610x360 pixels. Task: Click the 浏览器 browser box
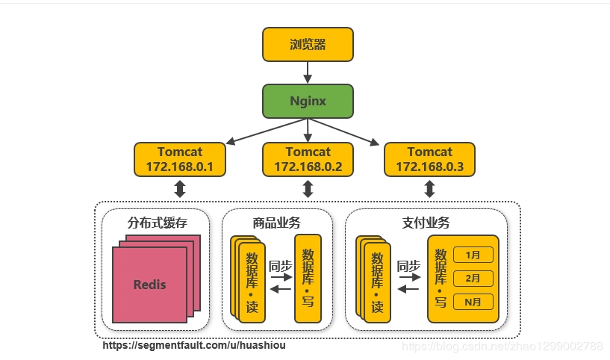point(308,44)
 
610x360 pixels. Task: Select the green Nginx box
point(308,101)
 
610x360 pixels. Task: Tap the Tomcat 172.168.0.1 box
point(179,160)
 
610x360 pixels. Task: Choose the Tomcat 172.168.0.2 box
point(308,160)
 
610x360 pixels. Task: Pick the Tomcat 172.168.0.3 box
point(429,160)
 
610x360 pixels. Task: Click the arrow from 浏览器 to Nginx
point(308,72)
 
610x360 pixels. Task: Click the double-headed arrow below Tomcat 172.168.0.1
point(179,189)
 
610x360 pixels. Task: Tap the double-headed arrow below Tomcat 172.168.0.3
point(429,189)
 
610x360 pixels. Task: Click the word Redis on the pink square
point(150,285)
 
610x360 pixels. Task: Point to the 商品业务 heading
point(277,223)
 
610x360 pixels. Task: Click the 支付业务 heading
point(426,223)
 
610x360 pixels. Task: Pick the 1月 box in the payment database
point(473,255)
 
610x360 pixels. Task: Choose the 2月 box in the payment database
point(473,279)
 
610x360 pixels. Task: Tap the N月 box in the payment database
point(473,302)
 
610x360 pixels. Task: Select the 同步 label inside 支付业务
point(408,266)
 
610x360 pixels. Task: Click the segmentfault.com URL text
point(194,346)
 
